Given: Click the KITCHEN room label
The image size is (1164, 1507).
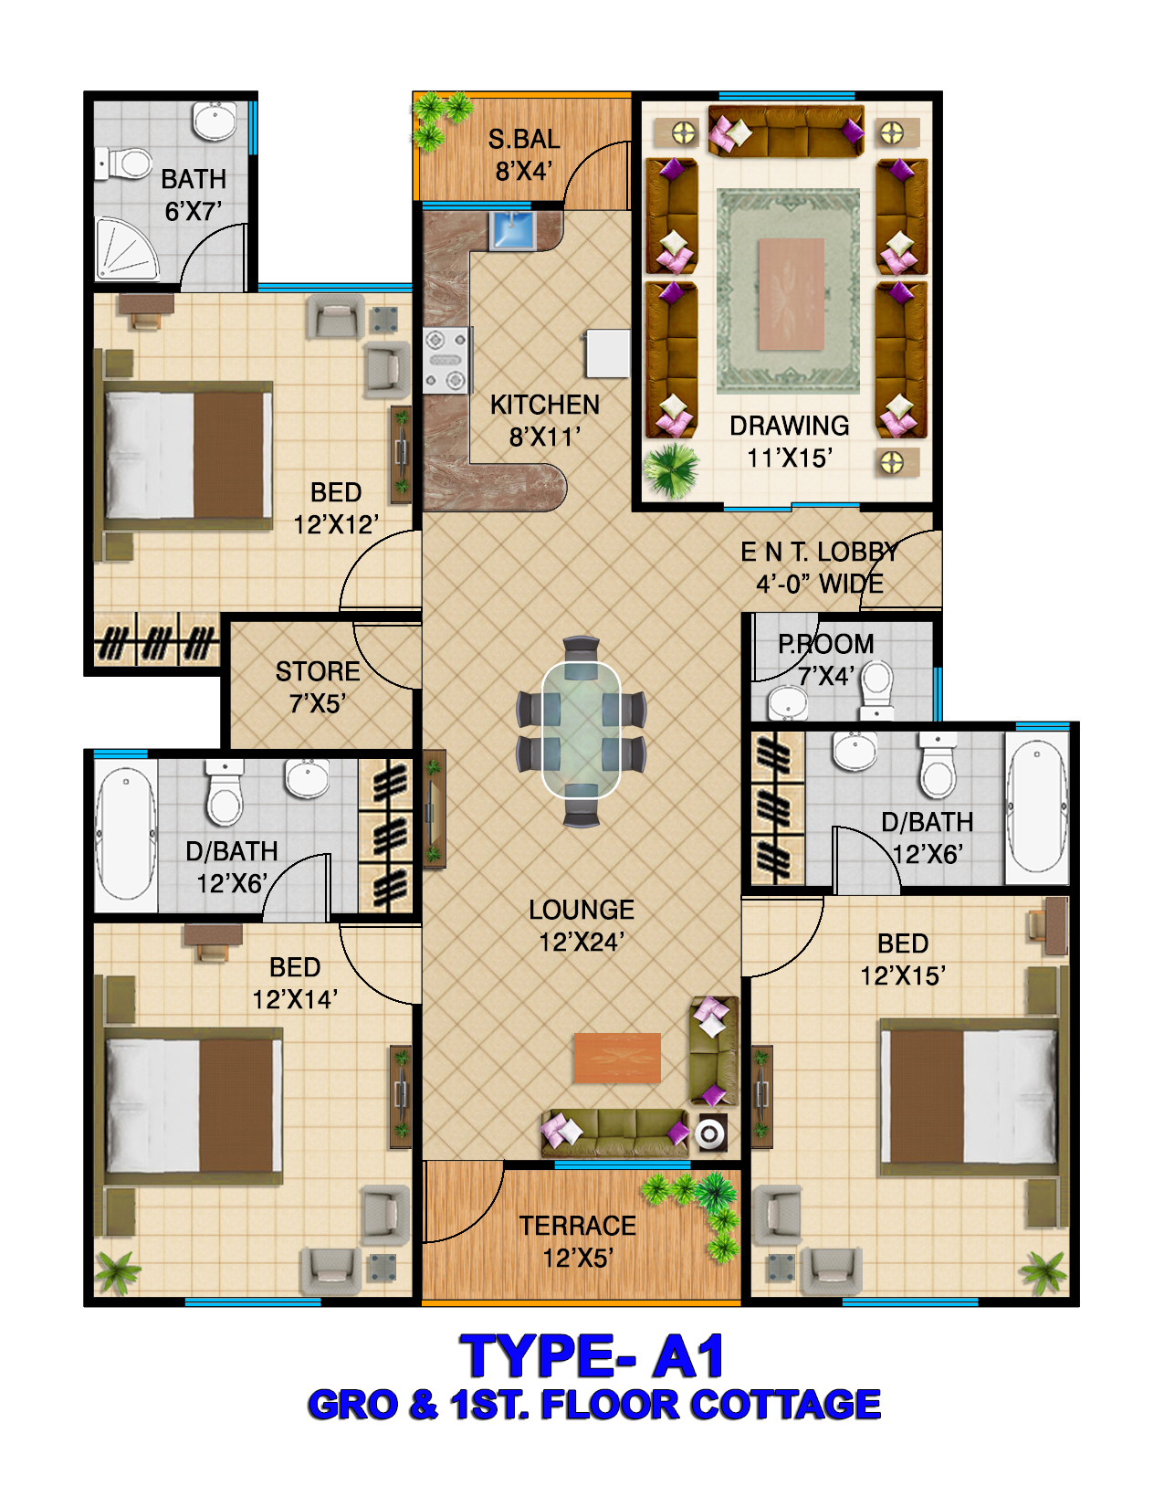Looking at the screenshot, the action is coord(545,405).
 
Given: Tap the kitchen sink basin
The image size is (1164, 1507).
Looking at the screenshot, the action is coord(512,230).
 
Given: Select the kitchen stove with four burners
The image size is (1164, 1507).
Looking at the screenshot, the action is coord(446,360).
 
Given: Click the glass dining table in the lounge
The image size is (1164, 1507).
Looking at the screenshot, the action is coord(581,731).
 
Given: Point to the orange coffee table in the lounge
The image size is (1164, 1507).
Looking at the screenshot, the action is coord(617,1058).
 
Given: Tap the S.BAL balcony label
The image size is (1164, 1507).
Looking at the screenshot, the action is coord(524,140).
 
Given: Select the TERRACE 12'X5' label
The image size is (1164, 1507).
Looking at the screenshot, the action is coord(578,1241).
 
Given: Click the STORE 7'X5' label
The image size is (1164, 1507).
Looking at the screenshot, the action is coord(318,687).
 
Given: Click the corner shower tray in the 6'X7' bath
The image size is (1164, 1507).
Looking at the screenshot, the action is coord(126,249).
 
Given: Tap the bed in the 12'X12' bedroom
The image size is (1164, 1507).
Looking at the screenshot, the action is coord(187,456).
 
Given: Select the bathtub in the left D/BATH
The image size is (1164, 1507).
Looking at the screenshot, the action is coord(125,835).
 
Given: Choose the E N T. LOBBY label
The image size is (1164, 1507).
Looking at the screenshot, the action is coord(820,552).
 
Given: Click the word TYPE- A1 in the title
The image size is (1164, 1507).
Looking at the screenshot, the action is coord(592,1356).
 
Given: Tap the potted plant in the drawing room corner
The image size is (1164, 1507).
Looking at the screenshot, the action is coord(670,471).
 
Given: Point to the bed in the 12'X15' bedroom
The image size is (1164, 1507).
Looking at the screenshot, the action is coord(970,1097).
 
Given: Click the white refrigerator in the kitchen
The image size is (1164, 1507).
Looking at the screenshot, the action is coord(608,353).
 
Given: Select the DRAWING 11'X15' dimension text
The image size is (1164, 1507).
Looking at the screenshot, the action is coord(789,458).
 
